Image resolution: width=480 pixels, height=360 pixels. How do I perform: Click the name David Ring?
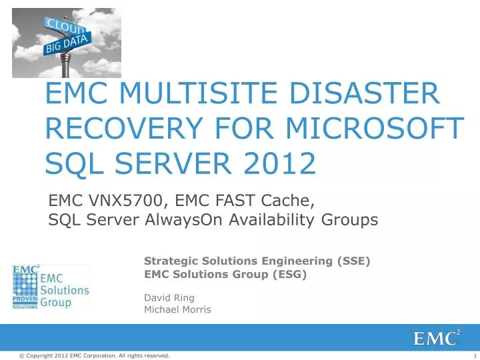[169, 297]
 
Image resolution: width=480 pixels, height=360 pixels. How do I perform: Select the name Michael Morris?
[177, 309]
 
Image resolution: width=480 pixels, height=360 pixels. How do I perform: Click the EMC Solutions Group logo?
[51, 287]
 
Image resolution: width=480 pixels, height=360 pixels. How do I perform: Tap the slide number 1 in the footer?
[471, 356]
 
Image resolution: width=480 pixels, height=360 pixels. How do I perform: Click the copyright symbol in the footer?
[21, 356]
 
